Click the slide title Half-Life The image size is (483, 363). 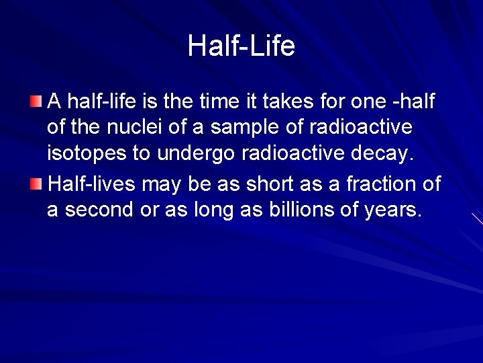[241, 46]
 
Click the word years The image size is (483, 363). [394, 210]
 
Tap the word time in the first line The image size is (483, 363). [239, 102]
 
